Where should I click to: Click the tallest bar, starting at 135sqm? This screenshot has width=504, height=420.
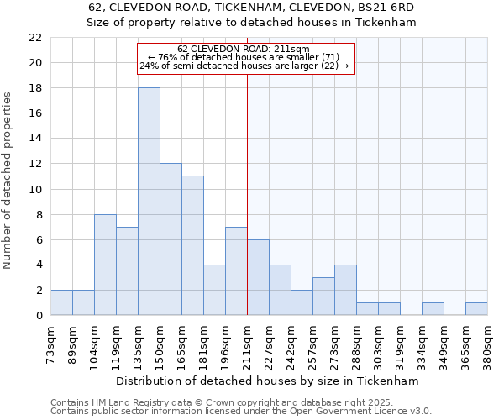click(149, 202)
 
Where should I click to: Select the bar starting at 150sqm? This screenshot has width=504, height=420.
click(171, 239)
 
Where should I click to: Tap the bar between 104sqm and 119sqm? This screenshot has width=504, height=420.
click(105, 265)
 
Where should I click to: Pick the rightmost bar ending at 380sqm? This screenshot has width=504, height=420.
click(476, 308)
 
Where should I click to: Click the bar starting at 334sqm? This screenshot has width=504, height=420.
click(433, 308)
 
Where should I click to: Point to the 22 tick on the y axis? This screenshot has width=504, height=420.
click(34, 38)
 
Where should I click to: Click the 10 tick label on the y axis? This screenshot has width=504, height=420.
click(34, 189)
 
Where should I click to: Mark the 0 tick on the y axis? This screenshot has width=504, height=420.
click(38, 315)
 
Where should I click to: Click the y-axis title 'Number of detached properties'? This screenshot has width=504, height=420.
click(8, 181)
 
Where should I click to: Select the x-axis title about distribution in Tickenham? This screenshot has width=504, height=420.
click(268, 381)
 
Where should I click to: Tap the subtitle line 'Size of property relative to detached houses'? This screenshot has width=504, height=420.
click(252, 23)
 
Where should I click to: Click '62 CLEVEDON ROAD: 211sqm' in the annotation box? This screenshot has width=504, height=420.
click(244, 49)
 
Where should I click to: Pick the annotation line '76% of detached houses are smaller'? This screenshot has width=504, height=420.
click(244, 57)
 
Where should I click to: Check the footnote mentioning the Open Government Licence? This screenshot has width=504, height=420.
click(241, 412)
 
